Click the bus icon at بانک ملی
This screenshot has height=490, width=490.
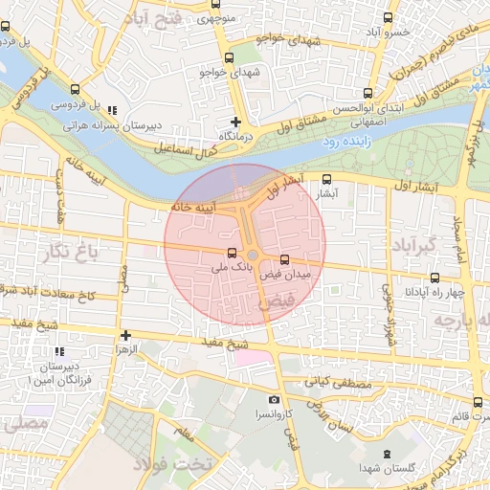[232, 255]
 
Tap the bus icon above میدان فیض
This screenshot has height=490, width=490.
[284, 260]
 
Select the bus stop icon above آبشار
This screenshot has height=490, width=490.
[327, 179]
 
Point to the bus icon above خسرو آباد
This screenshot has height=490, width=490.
[387, 17]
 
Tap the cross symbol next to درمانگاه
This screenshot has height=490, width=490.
[236, 122]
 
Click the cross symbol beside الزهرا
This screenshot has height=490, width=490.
[125, 335]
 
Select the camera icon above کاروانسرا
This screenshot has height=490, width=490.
[275, 399]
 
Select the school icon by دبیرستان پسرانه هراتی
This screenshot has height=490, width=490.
[114, 111]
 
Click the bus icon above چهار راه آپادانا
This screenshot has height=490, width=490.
[410, 276]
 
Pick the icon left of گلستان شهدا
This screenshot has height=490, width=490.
[386, 454]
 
